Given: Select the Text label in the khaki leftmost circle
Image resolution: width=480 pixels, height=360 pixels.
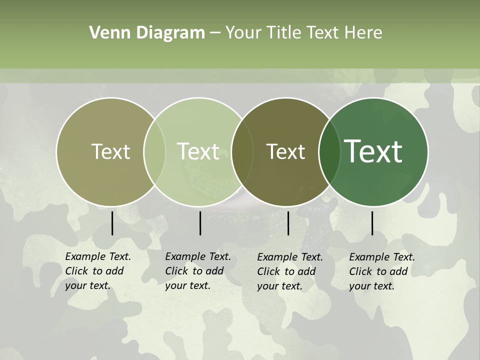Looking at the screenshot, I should [110, 151].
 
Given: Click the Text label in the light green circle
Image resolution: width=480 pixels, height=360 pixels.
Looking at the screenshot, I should [198, 151].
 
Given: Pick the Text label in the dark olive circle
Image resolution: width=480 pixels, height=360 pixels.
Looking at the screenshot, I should [285, 151].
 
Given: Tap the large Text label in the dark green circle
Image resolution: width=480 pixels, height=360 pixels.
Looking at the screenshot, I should [373, 151].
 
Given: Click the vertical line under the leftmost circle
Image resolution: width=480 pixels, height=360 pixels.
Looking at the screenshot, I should [112, 223].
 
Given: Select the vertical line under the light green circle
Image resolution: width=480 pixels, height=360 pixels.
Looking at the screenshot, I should [200, 223].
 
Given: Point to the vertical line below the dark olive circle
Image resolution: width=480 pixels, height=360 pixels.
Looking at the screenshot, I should [288, 223].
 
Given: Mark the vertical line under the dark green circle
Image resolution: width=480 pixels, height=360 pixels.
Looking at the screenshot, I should [372, 223].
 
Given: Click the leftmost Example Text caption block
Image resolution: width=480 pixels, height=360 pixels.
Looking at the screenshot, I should [98, 271].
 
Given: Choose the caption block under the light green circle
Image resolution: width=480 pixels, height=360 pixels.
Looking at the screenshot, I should [198, 271].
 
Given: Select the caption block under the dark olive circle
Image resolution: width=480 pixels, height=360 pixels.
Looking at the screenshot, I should [290, 271].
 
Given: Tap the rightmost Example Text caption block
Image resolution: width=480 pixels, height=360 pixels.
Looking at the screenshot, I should [382, 271].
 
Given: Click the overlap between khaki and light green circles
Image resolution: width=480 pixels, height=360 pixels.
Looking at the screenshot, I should [154, 151].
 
